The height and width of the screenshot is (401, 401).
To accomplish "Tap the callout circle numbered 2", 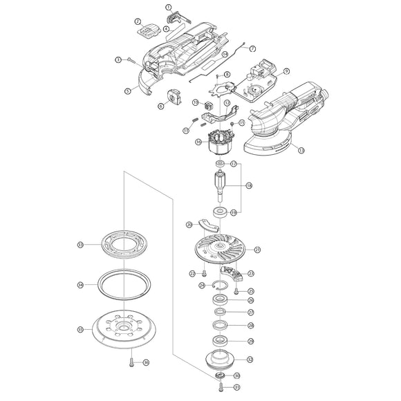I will coord(138,22).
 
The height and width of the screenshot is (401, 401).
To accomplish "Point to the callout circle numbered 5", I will coord(128,91).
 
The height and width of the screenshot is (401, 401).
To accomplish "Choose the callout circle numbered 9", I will coord(286,71).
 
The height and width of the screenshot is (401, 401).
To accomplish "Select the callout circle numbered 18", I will coord(249,186).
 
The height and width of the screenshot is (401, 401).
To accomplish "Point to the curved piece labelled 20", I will coord(205,225).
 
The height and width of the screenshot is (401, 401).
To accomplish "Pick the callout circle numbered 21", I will coord(257,250).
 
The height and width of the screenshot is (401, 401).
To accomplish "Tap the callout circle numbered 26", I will coord(250,300).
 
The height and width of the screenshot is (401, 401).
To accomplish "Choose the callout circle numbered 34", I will coord(81,284).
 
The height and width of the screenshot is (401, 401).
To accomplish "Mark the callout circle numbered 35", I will coord(81,329).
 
